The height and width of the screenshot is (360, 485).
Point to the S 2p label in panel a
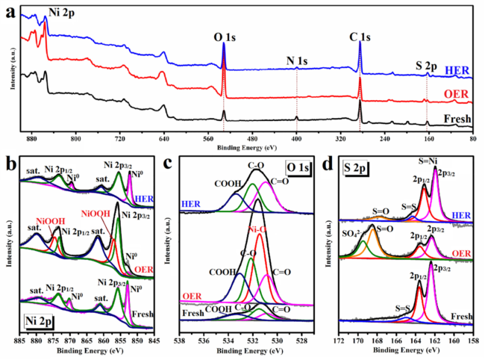(x=428, y=67)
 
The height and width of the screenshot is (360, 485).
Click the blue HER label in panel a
(x=457, y=70)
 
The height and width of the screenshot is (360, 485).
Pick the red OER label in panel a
(x=457, y=93)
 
